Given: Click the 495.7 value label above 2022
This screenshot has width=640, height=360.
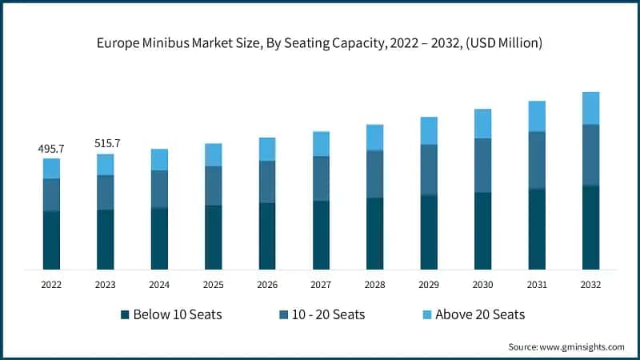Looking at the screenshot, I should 52,149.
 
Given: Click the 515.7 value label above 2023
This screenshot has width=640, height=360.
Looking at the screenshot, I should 106,143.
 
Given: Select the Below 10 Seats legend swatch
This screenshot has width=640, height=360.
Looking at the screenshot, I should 125,314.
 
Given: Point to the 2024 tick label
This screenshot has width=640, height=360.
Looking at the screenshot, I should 159,284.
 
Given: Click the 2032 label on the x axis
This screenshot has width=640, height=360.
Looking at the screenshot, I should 590,284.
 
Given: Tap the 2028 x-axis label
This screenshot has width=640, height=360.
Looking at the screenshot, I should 375,284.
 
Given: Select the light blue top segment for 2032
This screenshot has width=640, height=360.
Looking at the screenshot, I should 590,108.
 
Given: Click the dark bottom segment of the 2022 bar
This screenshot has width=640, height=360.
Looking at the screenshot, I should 52,240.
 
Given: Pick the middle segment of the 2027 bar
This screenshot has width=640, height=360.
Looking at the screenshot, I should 321,178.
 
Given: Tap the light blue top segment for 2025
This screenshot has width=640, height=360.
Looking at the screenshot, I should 214,154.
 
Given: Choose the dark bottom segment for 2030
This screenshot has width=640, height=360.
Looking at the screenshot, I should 482,230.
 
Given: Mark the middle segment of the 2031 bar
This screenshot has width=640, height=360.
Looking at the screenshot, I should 537,160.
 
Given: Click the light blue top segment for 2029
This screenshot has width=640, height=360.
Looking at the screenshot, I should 429,130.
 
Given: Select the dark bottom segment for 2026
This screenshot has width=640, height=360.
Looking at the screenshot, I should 267,236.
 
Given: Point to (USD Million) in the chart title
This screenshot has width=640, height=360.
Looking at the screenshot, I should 503,43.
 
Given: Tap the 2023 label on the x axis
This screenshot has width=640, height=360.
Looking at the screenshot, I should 106,284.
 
